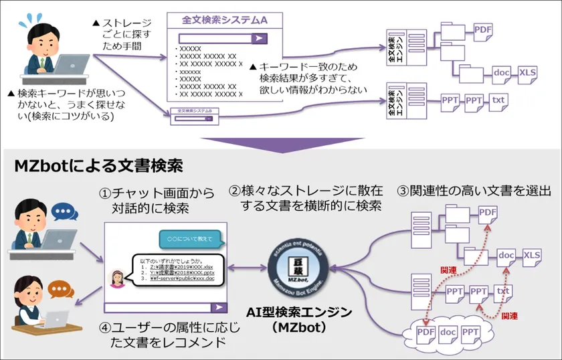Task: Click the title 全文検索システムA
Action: point(225,21)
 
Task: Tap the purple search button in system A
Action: point(259,39)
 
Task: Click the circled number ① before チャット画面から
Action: point(105,193)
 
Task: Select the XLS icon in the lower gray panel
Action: point(531,255)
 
